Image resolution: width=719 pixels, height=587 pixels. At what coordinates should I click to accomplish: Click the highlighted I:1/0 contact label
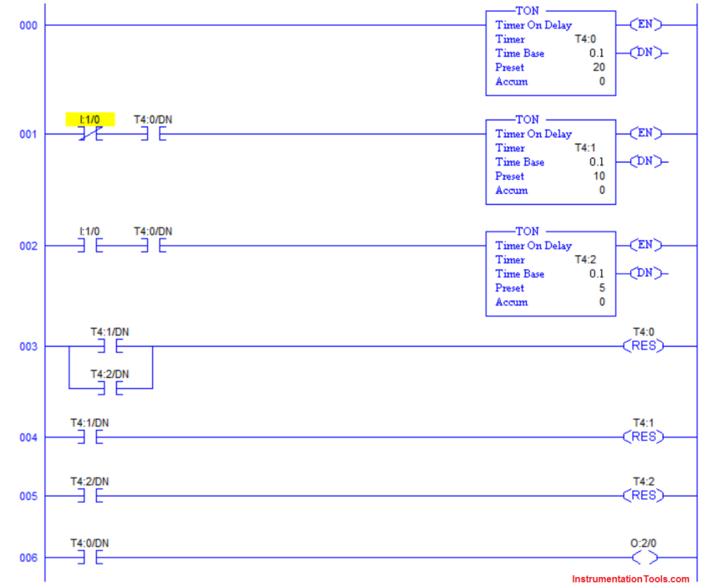[x=90, y=120]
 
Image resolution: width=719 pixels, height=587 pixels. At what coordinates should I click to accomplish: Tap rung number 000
[x=28, y=25]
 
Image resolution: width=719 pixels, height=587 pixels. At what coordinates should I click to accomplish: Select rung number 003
[x=28, y=346]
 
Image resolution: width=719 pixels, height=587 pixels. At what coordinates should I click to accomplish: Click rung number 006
[x=28, y=558]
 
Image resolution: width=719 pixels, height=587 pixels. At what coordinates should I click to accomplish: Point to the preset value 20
[x=599, y=68]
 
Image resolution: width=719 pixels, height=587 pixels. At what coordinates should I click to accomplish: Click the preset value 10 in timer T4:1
[x=599, y=176]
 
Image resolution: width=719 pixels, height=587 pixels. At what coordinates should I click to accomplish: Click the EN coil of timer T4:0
[x=644, y=25]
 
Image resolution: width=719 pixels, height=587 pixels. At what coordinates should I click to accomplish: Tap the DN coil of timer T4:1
[x=644, y=161]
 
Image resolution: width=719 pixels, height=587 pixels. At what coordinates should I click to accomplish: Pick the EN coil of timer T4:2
[x=644, y=246]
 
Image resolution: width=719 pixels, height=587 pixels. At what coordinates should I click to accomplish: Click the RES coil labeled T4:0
[x=643, y=346]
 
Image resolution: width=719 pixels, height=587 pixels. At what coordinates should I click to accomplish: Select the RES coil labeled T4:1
[x=643, y=437]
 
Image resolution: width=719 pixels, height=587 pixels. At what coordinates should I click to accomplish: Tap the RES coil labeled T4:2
[x=643, y=496]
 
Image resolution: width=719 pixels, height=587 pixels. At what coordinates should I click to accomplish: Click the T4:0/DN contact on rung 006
[x=89, y=558]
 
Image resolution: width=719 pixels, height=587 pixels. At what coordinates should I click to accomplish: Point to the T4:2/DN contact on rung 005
[x=89, y=496]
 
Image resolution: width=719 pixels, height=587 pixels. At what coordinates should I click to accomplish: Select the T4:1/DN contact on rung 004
[x=89, y=437]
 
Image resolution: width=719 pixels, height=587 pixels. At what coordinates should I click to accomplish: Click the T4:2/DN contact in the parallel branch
[x=110, y=389]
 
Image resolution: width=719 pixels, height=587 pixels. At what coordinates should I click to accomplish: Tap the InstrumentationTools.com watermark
[x=630, y=579]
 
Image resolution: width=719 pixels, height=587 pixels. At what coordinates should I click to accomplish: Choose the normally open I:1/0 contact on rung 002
[x=89, y=246]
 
